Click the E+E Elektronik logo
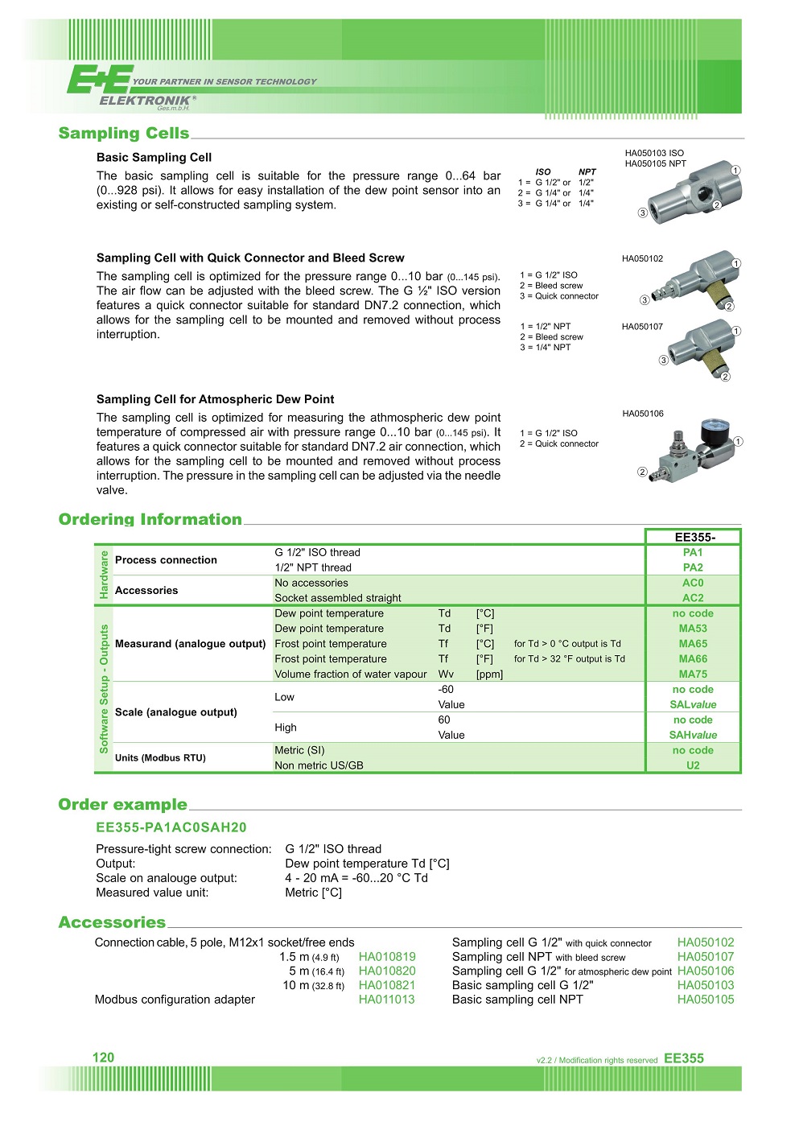(x=129, y=87)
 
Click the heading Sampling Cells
(x=124, y=133)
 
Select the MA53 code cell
(x=693, y=629)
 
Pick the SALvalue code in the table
(x=693, y=704)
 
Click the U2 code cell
(x=693, y=765)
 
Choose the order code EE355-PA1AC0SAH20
(x=171, y=827)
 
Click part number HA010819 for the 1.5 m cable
(x=387, y=957)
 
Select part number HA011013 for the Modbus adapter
(x=387, y=1000)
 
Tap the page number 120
(x=104, y=1058)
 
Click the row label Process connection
(x=166, y=560)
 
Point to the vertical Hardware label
(x=103, y=575)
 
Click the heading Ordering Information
(x=150, y=519)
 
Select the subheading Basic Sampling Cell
(x=154, y=158)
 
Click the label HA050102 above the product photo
(x=643, y=259)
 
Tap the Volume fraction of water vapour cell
(x=351, y=674)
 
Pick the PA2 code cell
(x=693, y=567)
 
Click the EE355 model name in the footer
(x=684, y=1058)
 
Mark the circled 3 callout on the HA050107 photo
(x=664, y=361)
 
